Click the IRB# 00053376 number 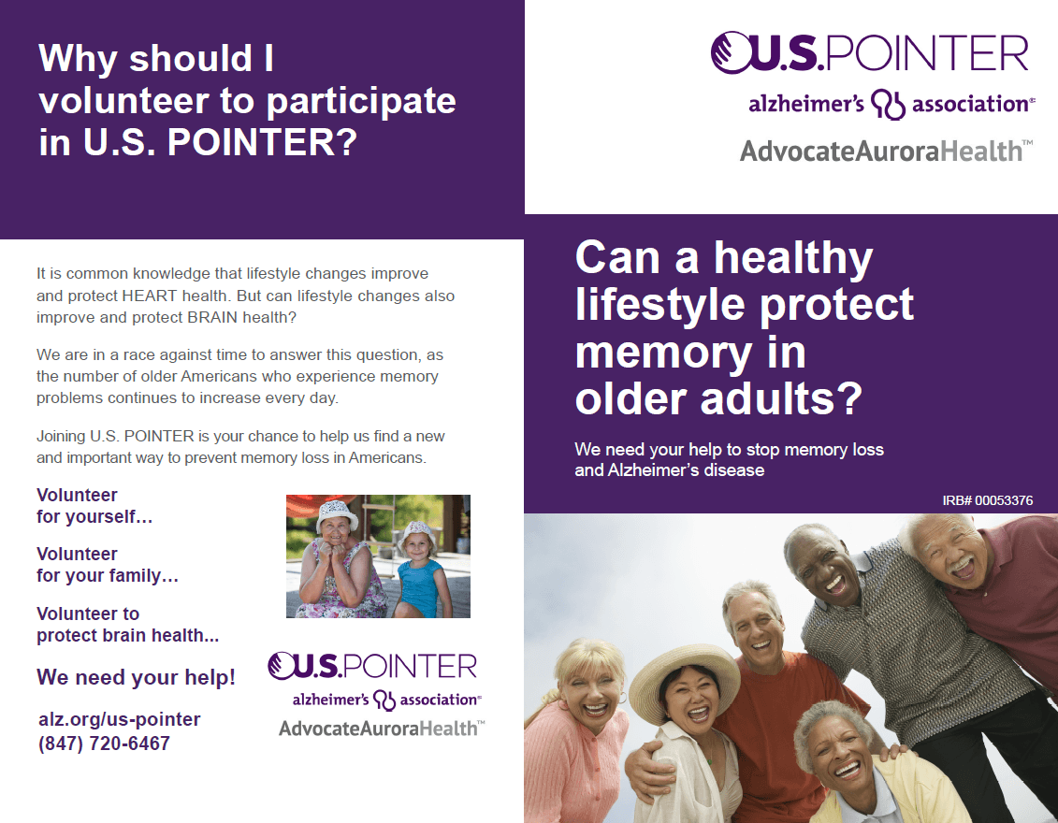tap(987, 500)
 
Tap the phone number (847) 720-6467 tap(104, 744)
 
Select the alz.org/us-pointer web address tap(120, 719)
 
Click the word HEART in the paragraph tap(150, 296)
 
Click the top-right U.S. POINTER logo tap(870, 52)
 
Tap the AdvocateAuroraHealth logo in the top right tap(886, 152)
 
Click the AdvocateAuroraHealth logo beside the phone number tap(382, 729)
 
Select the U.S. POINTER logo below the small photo tap(372, 666)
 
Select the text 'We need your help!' tap(137, 676)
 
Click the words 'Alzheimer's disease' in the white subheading tap(687, 470)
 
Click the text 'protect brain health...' tap(127, 635)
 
